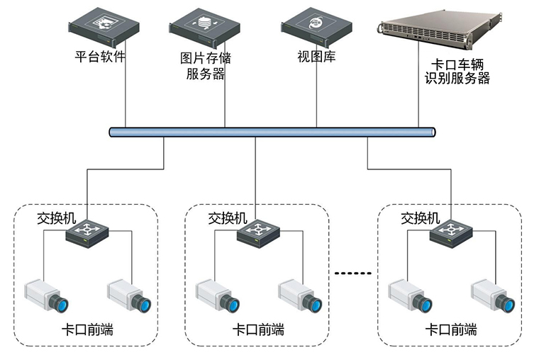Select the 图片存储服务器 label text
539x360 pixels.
(x=206, y=65)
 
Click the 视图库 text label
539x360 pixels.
(x=316, y=57)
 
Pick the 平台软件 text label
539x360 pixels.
(x=100, y=56)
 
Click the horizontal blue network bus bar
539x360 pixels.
(x=273, y=132)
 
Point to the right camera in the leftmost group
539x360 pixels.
(x=130, y=296)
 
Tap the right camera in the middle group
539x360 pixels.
(x=301, y=295)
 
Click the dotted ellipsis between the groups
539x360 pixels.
(x=352, y=273)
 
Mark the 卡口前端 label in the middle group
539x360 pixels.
(x=258, y=330)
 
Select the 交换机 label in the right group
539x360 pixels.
(x=421, y=218)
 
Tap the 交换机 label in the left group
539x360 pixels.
(x=57, y=218)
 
